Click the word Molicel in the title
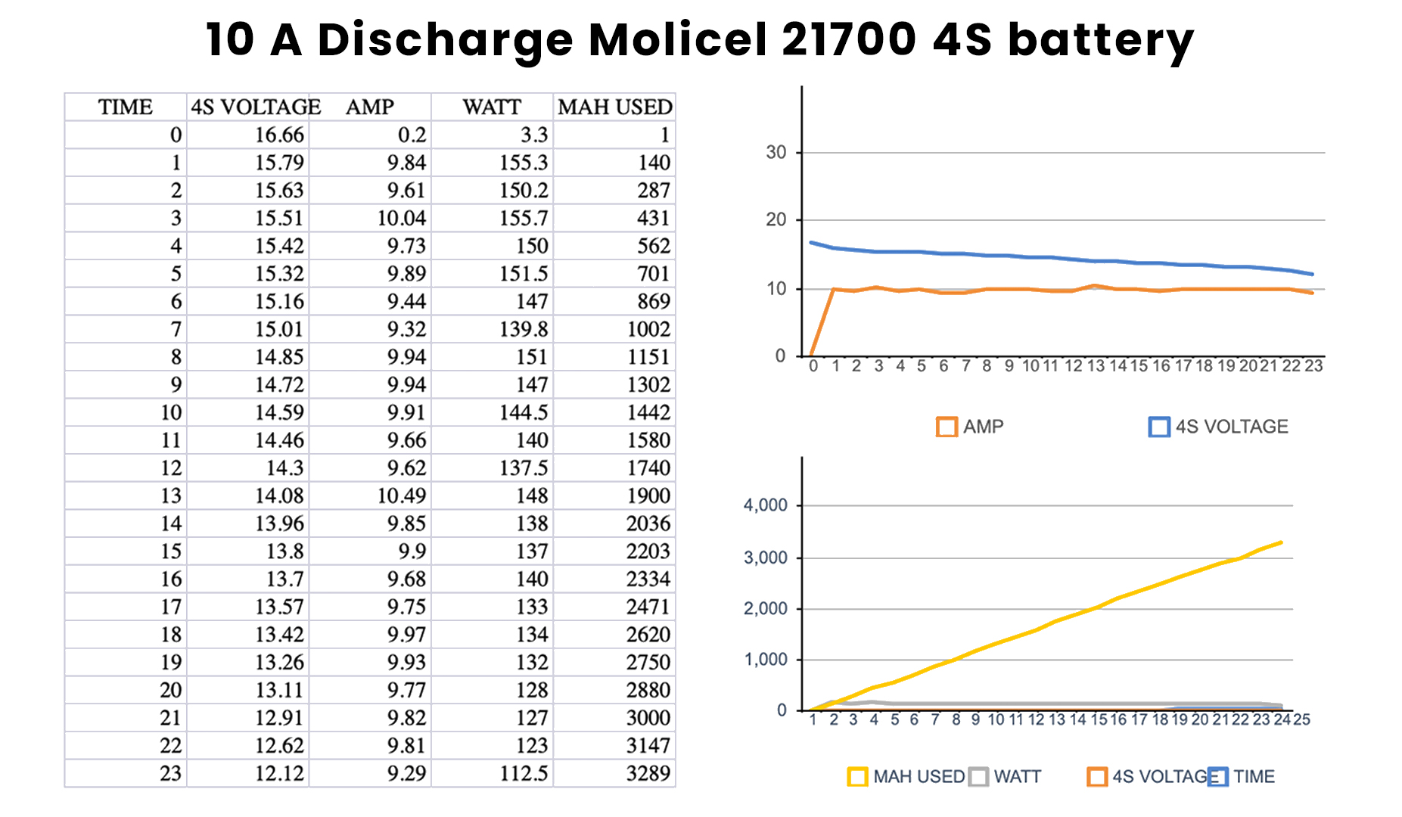(676, 39)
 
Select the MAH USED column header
(614, 107)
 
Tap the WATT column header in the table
(492, 107)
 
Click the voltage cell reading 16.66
(279, 135)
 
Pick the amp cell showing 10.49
(402, 496)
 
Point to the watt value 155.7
(524, 219)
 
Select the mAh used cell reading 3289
(648, 774)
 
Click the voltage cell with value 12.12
(279, 774)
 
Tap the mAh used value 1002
(648, 330)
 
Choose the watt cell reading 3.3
(533, 135)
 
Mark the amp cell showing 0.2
(412, 135)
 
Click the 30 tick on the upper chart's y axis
(776, 152)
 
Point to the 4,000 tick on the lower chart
(766, 505)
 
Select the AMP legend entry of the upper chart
(970, 427)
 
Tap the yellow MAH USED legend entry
(906, 777)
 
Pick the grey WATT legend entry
(1006, 777)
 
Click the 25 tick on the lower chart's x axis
(1301, 719)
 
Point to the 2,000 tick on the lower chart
(766, 608)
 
